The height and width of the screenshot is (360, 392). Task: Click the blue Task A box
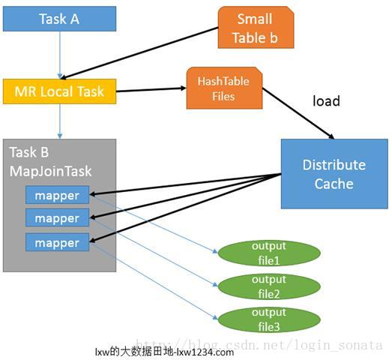59,19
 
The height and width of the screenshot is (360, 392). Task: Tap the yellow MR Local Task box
59,91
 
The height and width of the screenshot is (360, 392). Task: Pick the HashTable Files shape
223,88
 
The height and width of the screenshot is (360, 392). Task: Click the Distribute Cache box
334,174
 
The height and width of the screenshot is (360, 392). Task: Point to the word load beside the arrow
326,100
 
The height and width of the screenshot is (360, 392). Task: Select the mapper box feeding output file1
57,194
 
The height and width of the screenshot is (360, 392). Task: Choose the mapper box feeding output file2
57,218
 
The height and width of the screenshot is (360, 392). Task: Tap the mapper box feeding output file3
57,243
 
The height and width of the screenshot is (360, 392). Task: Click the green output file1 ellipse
268,252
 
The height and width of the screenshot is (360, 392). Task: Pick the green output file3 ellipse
268,318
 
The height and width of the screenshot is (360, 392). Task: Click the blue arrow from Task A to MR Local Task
59,54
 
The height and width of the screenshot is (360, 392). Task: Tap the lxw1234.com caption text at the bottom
164,352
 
